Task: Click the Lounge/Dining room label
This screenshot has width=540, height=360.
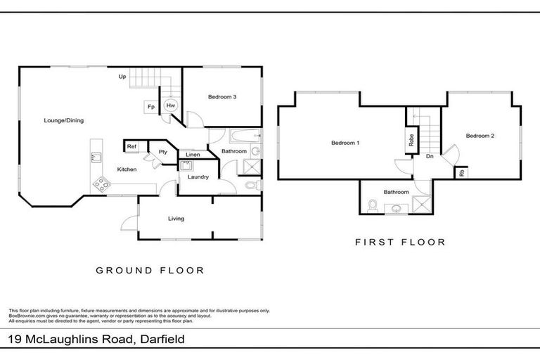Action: [63, 120]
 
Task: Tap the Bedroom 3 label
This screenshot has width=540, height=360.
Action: [221, 97]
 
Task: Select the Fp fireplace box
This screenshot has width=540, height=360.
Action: [151, 107]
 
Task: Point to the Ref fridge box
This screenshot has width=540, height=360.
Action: [131, 146]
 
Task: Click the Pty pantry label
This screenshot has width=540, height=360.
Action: [162, 151]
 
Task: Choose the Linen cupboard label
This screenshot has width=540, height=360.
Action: [192, 155]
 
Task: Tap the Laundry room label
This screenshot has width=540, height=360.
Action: [198, 177]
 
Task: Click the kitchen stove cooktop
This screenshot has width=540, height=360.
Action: [101, 185]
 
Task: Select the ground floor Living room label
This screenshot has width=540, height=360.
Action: [176, 219]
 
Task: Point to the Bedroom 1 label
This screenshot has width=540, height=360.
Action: [345, 143]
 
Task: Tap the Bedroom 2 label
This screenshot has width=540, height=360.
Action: [480, 136]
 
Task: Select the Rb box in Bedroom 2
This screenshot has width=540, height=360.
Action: [461, 172]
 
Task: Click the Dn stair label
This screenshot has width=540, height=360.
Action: [428, 157]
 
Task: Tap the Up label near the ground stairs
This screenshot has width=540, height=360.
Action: [122, 76]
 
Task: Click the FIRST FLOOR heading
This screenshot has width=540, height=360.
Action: [400, 242]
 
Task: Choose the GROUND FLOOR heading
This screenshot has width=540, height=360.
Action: [150, 270]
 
